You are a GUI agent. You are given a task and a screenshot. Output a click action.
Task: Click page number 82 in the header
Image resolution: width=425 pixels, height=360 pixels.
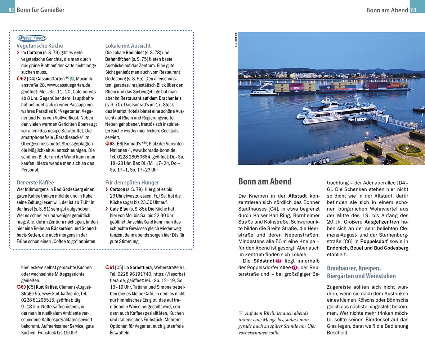point(11,10)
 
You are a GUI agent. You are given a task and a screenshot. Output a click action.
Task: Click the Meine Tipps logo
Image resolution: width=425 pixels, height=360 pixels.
point(32,38)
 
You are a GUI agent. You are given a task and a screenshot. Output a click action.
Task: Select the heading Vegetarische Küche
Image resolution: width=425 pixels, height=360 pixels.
point(40,46)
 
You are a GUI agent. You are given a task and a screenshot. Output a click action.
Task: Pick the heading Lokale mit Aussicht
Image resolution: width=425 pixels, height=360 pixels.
point(128,46)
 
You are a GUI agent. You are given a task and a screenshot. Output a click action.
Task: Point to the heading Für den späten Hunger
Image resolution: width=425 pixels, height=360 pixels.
point(132,183)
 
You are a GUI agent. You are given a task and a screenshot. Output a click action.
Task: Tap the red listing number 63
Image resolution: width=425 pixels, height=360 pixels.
point(111,144)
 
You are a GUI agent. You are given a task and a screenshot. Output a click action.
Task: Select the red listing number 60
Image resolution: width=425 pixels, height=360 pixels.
point(22,287)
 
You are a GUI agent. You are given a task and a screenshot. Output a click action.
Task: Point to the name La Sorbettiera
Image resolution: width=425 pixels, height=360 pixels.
point(138,267)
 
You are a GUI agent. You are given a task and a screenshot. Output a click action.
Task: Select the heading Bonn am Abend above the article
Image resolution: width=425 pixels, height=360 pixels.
point(265,181)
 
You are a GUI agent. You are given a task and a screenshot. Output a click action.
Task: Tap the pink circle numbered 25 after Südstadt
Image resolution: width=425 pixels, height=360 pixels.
point(278,261)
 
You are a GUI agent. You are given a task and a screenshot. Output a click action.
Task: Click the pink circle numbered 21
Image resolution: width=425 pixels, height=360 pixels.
point(294,267)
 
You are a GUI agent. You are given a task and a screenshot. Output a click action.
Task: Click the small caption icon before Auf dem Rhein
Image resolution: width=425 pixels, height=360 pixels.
point(241,313)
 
